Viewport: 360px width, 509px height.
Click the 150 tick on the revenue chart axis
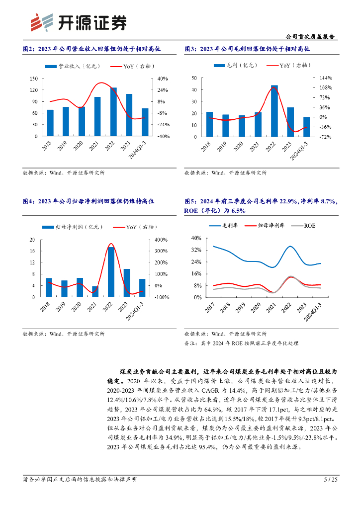[34, 79]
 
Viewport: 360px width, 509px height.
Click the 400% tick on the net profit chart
[163, 240]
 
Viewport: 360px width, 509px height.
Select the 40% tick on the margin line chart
[196, 238]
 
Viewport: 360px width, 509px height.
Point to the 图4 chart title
[89, 201]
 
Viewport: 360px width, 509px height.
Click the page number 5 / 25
[331, 479]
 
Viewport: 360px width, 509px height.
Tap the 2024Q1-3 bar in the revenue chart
[145, 122]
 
